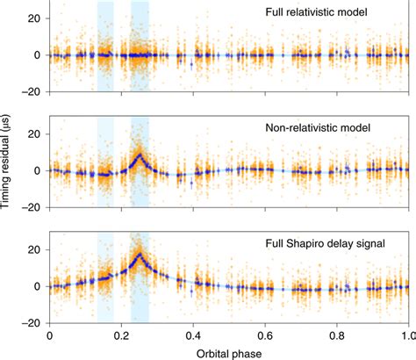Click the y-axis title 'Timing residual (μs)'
tap(10, 166)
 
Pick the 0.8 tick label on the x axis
tap(337, 335)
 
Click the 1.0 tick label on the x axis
tap(407, 335)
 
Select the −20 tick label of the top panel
tap(32, 91)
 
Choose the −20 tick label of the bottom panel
tap(32, 322)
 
